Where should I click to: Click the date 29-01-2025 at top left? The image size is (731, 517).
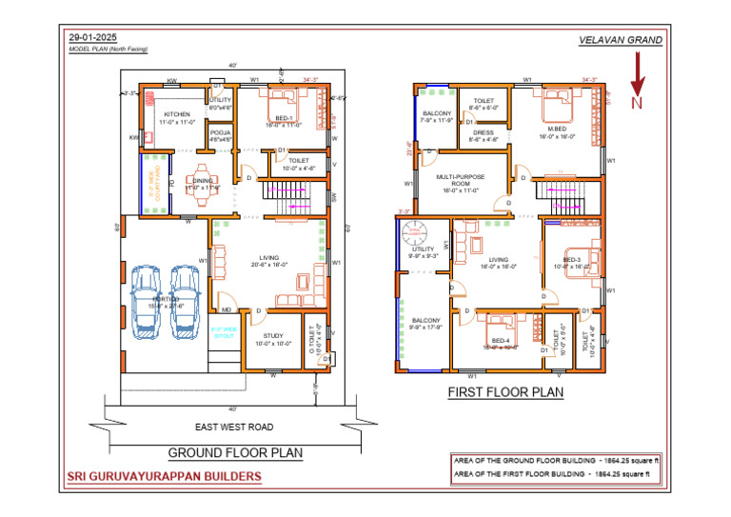click(x=91, y=37)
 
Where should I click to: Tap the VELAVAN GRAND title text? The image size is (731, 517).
click(x=620, y=40)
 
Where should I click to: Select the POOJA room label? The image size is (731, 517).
click(x=221, y=132)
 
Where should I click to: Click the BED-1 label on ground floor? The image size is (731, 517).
click(x=283, y=119)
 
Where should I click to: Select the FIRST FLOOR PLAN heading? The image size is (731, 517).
click(x=504, y=391)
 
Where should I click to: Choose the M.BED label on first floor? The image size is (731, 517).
click(x=557, y=129)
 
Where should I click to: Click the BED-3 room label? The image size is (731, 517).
click(x=572, y=259)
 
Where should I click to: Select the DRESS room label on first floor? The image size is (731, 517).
click(x=483, y=133)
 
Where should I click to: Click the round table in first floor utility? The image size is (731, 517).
click(x=415, y=231)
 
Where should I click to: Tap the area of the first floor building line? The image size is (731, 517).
click(x=554, y=472)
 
